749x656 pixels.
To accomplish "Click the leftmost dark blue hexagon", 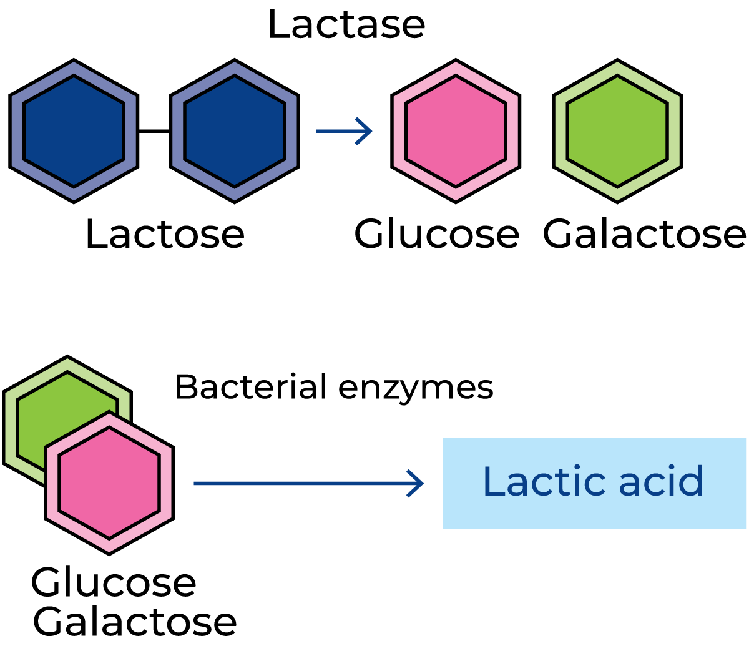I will coord(74,131).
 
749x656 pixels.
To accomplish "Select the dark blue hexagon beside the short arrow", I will coord(235,131).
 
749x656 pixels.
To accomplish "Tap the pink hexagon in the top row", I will coord(456,131).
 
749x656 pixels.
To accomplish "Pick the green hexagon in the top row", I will coord(617,131).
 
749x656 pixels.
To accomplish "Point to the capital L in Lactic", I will coord(492,482).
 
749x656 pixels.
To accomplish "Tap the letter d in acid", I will coord(692,482).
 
